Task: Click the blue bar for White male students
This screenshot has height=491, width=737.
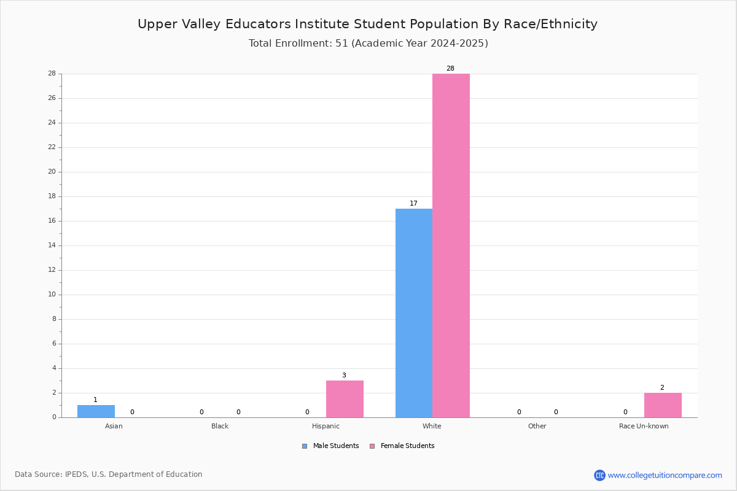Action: coord(414,313)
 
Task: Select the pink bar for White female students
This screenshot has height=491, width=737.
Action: coord(451,245)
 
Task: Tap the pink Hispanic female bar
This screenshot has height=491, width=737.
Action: coord(345,399)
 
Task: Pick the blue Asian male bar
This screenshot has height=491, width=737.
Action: coord(96,411)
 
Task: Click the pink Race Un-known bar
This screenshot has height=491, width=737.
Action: coord(663,405)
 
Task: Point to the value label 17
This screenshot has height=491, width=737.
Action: coord(413,203)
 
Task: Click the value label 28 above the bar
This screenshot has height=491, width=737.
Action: coord(450,68)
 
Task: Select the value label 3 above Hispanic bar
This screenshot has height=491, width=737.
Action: coord(344,375)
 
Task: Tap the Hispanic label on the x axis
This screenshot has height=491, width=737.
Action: coord(326,426)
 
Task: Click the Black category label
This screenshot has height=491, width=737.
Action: coord(220,426)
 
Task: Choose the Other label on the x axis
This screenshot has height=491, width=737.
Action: coord(537,426)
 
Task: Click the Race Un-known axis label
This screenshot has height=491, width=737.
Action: coord(644,426)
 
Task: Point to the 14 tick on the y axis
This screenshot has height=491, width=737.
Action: coord(52,245)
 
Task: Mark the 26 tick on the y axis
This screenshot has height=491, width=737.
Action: coord(52,98)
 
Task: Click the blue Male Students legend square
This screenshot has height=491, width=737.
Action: coord(305,446)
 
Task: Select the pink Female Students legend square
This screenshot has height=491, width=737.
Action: coord(372,446)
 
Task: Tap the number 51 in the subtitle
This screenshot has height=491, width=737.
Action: coord(341,44)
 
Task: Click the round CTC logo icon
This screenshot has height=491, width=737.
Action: coord(600,475)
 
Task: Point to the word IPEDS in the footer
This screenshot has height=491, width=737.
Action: coord(76,474)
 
